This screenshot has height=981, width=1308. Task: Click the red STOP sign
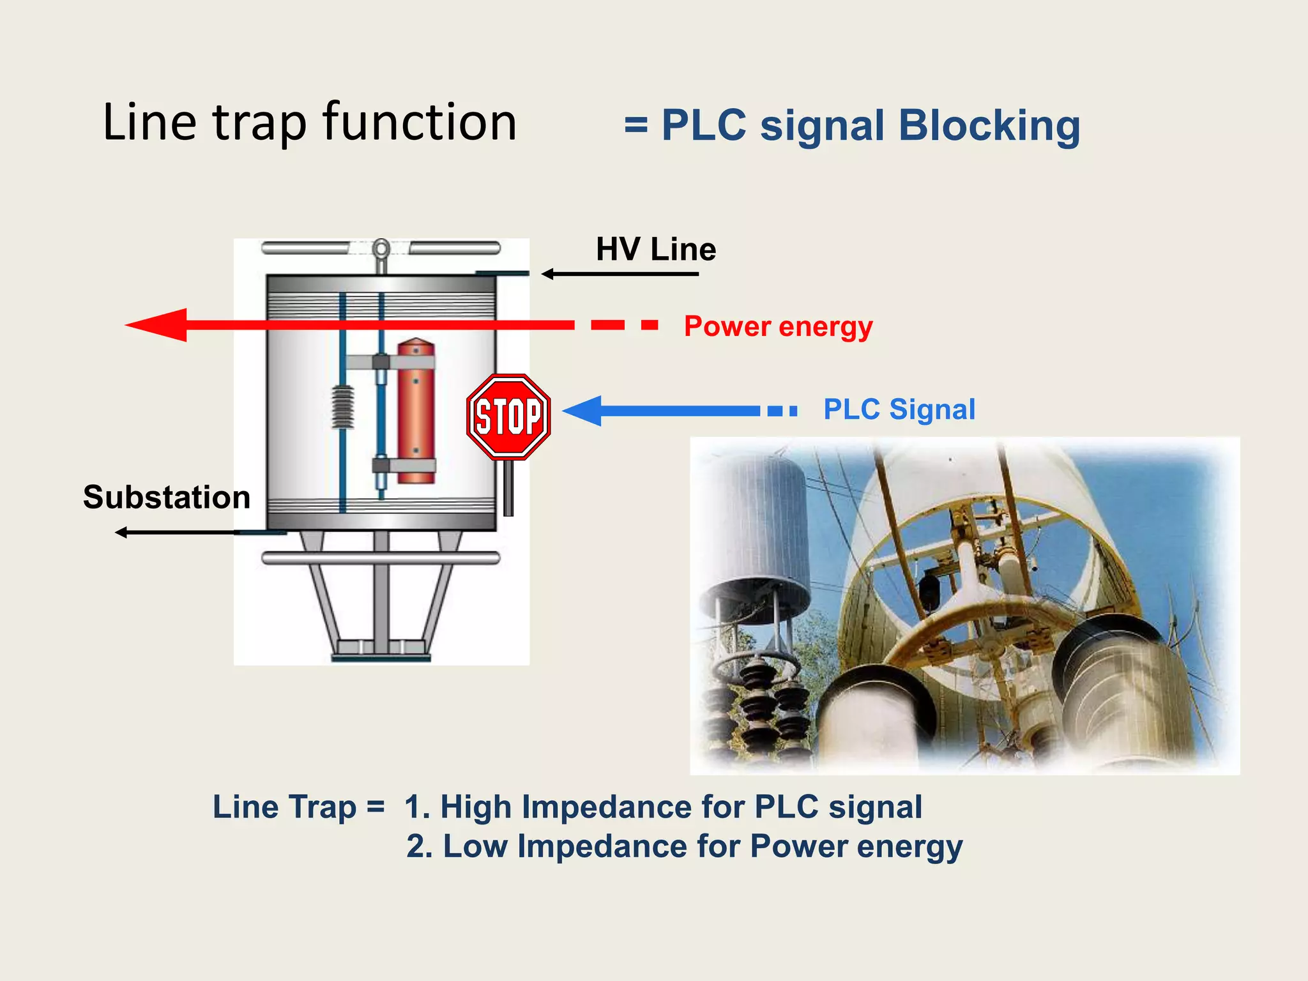[508, 416]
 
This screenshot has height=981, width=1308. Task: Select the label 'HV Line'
[655, 249]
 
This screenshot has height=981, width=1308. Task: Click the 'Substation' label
[167, 497]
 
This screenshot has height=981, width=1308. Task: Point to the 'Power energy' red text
[778, 326]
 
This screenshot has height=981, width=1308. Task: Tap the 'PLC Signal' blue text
[899, 409]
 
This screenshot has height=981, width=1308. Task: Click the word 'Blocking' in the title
[989, 125]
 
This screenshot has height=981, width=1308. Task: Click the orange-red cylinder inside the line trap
[416, 412]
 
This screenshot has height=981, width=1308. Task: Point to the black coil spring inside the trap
[343, 407]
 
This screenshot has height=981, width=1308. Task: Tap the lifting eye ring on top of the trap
[381, 248]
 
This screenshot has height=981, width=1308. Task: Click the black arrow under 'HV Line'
[620, 274]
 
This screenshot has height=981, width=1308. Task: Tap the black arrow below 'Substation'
[179, 532]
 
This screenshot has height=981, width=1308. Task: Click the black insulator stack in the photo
[760, 703]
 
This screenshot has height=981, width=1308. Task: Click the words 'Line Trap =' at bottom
[298, 807]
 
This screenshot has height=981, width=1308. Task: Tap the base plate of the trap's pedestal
[381, 654]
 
